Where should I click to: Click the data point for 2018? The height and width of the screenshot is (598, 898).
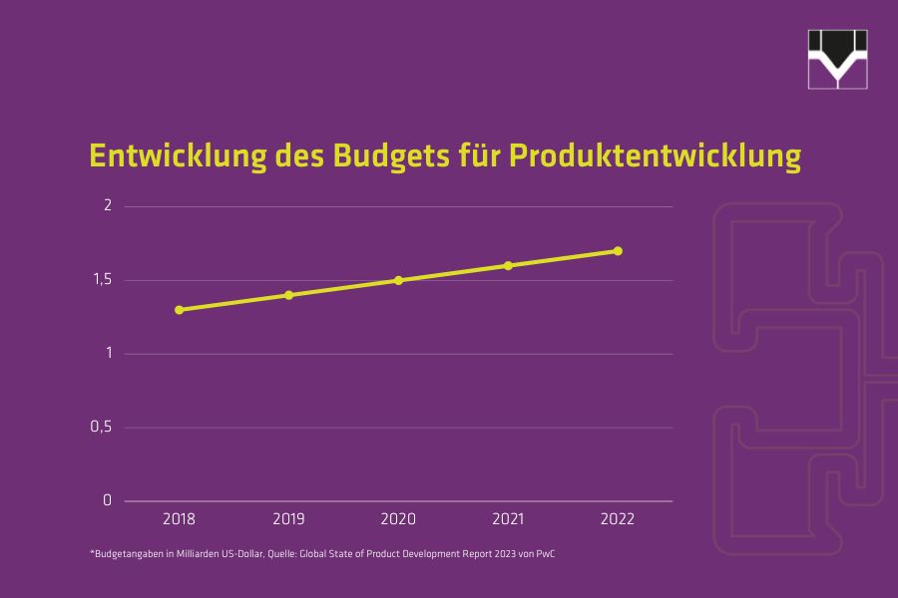(180, 310)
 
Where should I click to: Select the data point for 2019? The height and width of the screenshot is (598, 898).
(289, 295)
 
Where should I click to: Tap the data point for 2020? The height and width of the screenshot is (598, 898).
(398, 280)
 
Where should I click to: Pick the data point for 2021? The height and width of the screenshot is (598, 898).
(508, 265)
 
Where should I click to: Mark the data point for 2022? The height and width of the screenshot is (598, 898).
(618, 251)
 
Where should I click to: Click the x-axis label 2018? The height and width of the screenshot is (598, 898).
(180, 519)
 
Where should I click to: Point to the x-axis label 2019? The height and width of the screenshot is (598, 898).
(289, 519)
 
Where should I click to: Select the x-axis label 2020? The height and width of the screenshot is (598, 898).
(398, 519)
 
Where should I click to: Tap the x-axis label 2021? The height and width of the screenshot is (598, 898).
(508, 519)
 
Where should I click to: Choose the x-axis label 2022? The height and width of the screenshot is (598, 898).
(618, 519)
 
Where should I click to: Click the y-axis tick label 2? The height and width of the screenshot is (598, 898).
(108, 206)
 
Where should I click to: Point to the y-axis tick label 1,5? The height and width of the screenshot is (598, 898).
(103, 280)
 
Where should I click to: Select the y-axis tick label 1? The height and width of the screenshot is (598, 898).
(108, 354)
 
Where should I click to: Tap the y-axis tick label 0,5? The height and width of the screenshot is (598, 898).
(103, 428)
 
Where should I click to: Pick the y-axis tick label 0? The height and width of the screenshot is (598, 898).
(108, 500)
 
